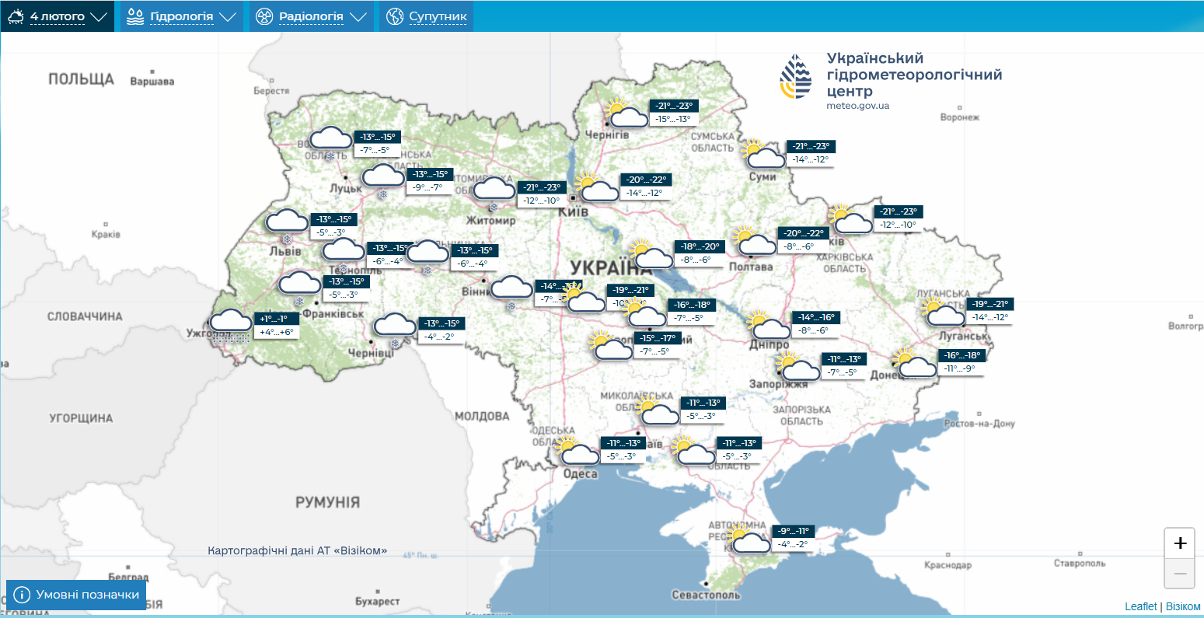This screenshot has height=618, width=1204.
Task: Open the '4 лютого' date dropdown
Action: pos(58,16)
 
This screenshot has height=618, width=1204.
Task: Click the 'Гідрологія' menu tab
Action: pos(181,16)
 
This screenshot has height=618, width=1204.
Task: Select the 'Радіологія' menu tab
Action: pos(311,16)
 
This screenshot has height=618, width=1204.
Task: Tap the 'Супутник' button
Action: pos(427,16)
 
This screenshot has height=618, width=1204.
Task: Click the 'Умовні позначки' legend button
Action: pos(76,595)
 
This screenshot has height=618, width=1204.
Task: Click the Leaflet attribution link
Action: pos(1140,606)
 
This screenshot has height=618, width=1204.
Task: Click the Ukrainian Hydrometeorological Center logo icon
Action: pos(796,76)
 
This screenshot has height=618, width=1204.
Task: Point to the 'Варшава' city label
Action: pos(152,82)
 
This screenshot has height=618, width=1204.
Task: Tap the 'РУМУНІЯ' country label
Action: pos(327,502)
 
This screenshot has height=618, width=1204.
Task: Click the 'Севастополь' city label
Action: pos(706,595)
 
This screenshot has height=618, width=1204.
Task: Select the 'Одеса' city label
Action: pos(580,473)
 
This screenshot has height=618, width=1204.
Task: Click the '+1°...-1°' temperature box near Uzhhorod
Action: pos(274,319)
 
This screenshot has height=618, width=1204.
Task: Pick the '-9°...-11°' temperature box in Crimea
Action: pos(792,531)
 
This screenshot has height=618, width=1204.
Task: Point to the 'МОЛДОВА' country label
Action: pos(482,416)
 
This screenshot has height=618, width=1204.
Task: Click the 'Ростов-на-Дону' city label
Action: pos(979,424)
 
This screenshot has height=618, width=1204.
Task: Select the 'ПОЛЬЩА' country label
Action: pos(81,79)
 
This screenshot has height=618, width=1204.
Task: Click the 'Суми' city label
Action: pos(763,176)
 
